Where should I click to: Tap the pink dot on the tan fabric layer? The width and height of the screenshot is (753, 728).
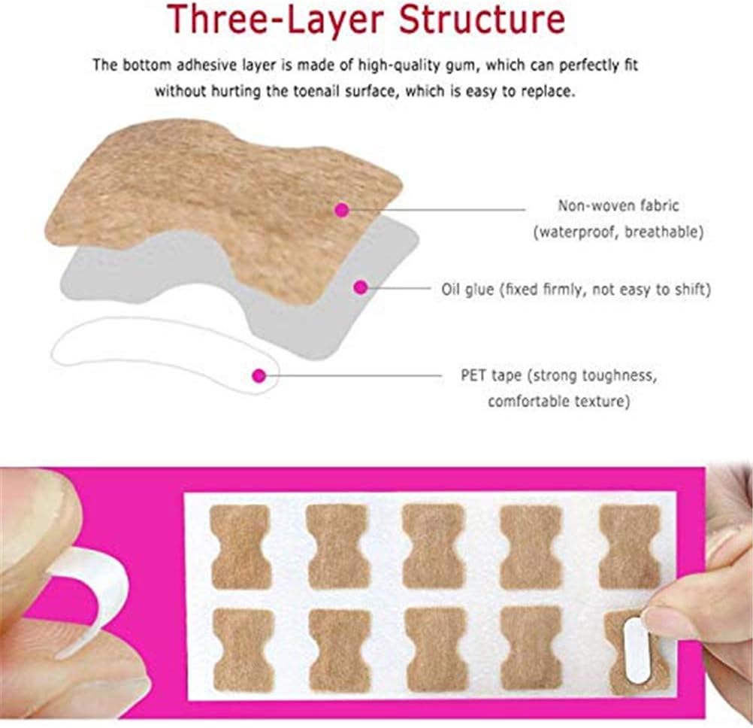coord(341,211)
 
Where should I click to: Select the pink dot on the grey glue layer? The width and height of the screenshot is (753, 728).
coord(361,287)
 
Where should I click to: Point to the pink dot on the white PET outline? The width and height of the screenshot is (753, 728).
coord(259,374)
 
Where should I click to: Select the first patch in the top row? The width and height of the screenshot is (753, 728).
coord(240,547)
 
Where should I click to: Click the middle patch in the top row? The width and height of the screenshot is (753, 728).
coord(434,547)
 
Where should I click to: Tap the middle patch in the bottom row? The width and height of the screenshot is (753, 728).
coord(436,649)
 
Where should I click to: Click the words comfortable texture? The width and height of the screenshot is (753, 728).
coord(558,402)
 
